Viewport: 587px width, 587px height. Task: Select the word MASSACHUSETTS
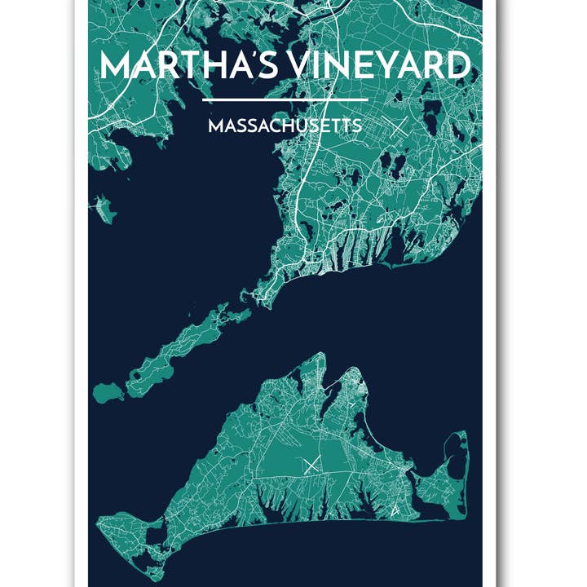coord(285,127)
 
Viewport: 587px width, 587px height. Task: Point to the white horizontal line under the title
coord(285,99)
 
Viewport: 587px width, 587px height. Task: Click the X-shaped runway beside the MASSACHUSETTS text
coord(398,128)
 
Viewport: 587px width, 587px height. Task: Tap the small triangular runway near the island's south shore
coord(395,511)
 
